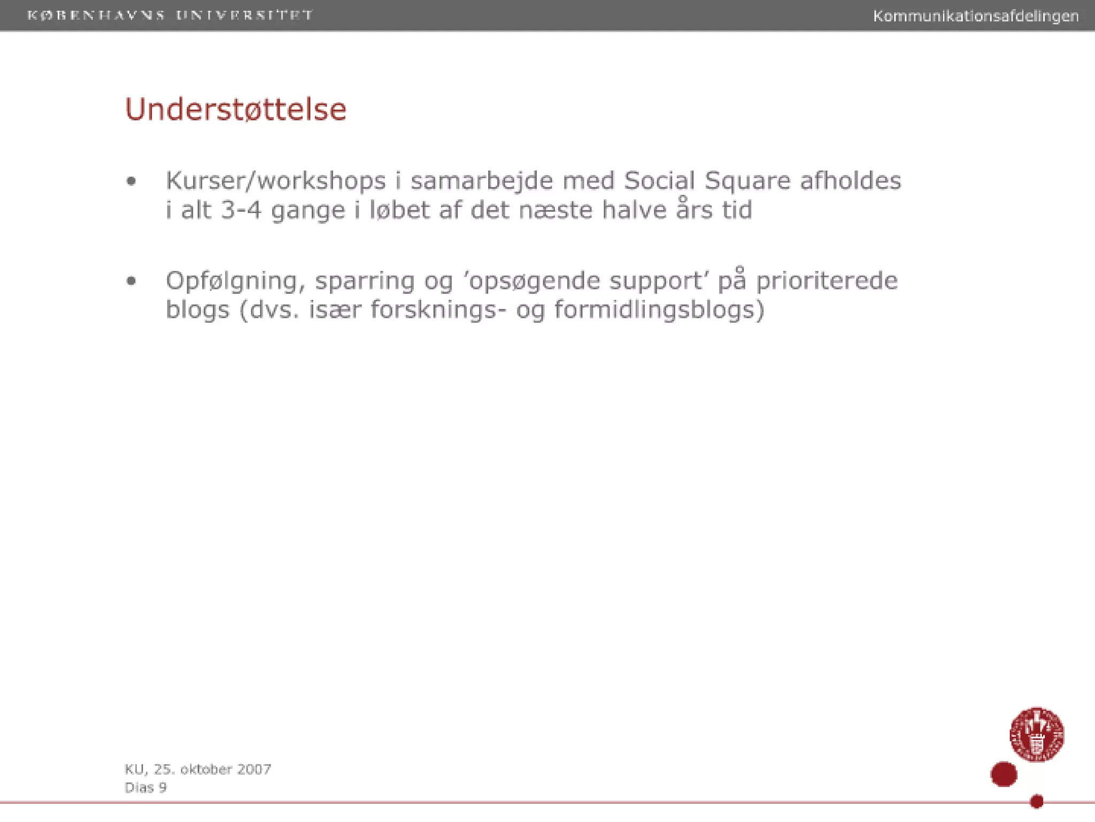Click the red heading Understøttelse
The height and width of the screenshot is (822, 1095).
(236, 110)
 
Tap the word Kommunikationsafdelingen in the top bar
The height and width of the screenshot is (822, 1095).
(975, 16)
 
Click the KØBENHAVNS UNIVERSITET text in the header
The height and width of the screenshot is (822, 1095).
(170, 15)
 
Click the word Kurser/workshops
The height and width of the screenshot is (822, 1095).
(275, 181)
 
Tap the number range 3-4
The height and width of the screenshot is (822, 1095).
(241, 210)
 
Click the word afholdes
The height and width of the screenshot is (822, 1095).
(850, 181)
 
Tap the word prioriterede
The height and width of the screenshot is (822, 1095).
(827, 281)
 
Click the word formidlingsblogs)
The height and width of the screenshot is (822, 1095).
(659, 310)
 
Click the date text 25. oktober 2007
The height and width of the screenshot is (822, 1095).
(212, 769)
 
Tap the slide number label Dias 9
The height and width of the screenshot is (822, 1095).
(145, 787)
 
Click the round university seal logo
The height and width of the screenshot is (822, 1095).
(1036, 734)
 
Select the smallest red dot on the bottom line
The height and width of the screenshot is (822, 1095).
(1036, 801)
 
